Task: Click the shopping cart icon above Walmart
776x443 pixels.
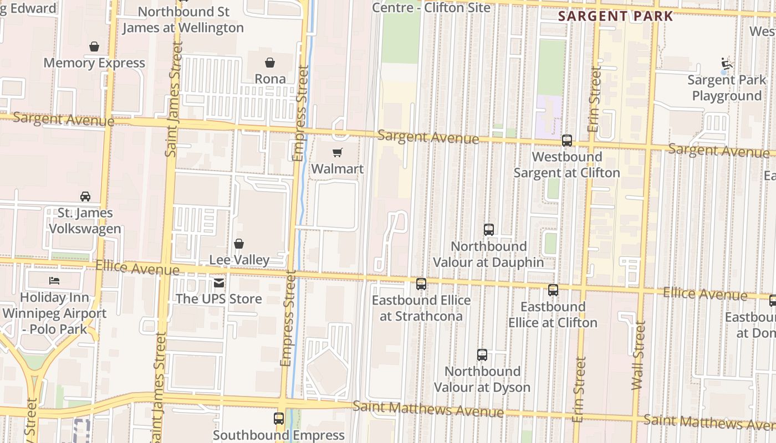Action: pos(337,153)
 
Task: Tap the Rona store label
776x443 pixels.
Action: pos(270,79)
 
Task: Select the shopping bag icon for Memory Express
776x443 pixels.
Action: pos(94,47)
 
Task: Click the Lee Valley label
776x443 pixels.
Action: pos(239,260)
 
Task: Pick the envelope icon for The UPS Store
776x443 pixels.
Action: pos(219,284)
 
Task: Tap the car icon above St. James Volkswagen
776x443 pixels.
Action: pos(85,197)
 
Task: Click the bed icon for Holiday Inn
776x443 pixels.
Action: pos(54,281)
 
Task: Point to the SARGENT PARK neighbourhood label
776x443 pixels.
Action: pos(615,17)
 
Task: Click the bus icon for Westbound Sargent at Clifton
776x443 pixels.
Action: pos(566,141)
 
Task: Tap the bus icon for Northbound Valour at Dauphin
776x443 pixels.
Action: pos(488,229)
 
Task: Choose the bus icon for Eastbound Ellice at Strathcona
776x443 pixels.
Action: pos(421,284)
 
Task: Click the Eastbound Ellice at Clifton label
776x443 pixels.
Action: pos(553,315)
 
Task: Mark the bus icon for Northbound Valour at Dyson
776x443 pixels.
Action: pos(482,355)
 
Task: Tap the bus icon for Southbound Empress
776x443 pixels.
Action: pos(279,419)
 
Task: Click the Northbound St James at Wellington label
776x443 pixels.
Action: pos(183,19)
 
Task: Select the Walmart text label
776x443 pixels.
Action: pos(338,169)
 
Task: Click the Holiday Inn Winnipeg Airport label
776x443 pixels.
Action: pos(54,313)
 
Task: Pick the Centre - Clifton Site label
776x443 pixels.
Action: pos(431,7)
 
